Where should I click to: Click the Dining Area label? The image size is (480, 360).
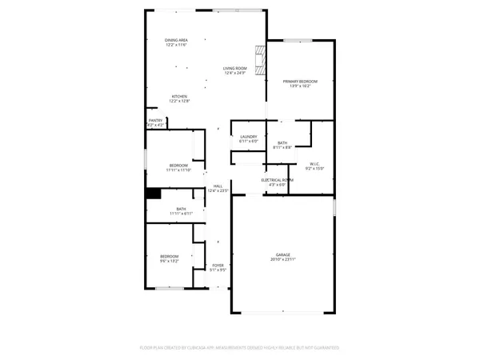(x=177, y=40)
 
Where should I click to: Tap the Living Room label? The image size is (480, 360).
(x=234, y=69)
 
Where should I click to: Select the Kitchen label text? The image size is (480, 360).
(x=179, y=96)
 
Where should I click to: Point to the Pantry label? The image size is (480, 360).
(x=155, y=122)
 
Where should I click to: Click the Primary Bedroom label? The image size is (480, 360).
(x=301, y=81)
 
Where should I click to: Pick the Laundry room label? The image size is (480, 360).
(x=249, y=137)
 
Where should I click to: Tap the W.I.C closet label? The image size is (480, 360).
(x=314, y=163)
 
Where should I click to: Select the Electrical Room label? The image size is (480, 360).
(x=278, y=180)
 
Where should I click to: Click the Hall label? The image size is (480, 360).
(x=218, y=186)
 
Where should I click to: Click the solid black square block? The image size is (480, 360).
(x=152, y=193)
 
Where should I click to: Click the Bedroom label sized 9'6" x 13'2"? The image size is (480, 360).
(x=168, y=256)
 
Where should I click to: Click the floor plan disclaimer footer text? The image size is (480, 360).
(x=240, y=348)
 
